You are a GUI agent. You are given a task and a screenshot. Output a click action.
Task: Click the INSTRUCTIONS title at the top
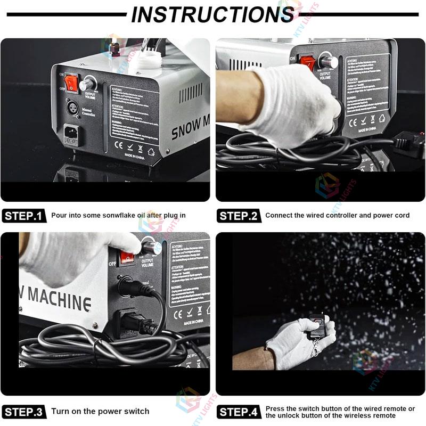212,14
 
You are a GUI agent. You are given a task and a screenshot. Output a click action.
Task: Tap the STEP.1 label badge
23,216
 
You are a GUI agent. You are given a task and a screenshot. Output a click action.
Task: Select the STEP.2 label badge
238,216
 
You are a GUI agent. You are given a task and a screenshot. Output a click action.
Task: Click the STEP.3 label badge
23,411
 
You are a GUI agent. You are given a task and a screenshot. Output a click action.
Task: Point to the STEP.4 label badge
238,411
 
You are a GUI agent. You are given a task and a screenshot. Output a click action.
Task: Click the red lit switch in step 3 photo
127,258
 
